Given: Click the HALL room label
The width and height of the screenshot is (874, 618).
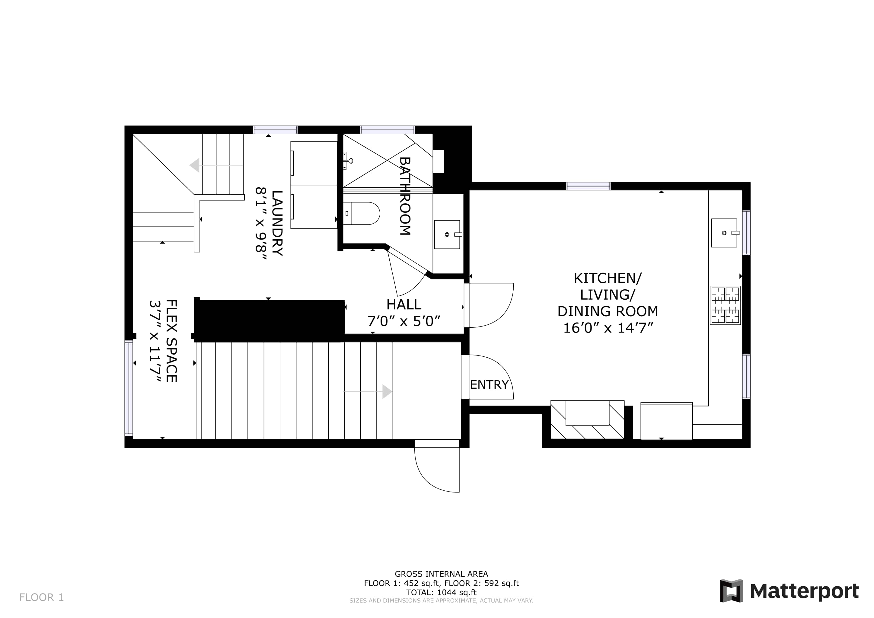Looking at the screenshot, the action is [x=404, y=305].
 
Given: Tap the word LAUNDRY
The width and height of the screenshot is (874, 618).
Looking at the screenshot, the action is [x=277, y=223].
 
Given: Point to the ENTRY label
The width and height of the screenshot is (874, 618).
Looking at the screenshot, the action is [x=489, y=385].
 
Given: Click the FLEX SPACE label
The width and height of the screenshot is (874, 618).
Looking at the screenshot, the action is [x=171, y=341].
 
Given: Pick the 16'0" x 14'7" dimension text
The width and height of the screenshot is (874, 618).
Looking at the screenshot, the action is [x=608, y=328].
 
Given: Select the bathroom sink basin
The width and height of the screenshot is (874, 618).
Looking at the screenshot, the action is [x=447, y=234].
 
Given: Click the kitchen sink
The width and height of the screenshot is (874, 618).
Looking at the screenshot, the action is [x=724, y=233].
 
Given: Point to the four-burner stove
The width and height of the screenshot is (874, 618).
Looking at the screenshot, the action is [x=725, y=305].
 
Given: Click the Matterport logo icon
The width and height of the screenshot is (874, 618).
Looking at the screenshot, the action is [x=731, y=591].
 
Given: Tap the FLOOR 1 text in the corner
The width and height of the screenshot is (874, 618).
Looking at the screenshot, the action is [x=41, y=597].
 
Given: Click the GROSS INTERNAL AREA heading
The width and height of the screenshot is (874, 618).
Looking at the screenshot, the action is [x=442, y=574].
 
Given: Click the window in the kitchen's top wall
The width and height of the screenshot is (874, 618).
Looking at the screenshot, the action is [x=589, y=186].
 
